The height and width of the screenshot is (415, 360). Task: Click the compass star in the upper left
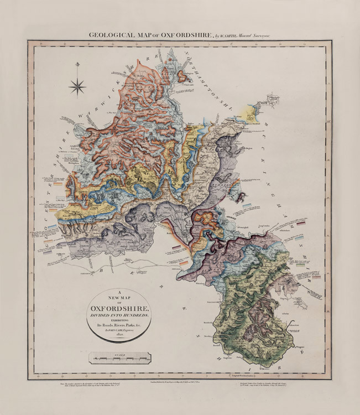click(77, 86)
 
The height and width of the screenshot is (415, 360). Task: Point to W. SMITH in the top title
click(225, 35)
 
